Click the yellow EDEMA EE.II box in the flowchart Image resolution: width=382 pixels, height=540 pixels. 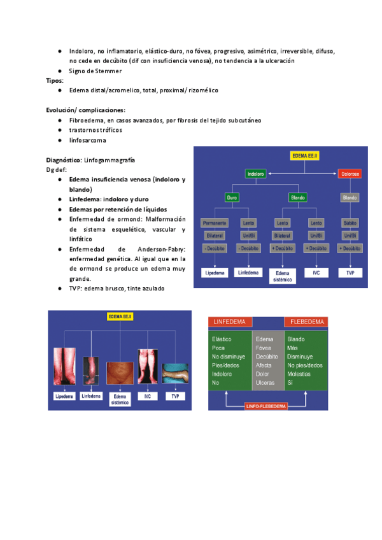click(304, 155)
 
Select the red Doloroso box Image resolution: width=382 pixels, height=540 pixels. click(350, 173)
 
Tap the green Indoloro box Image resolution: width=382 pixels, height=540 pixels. click(257, 173)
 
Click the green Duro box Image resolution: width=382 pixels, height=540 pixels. click(232, 197)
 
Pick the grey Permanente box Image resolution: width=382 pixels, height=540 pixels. click(214, 223)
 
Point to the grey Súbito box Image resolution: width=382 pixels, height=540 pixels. click(350, 223)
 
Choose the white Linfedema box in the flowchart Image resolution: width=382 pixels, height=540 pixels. click(249, 273)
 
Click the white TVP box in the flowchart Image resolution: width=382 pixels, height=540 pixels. click(350, 273)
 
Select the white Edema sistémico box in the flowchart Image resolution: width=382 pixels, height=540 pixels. click(283, 275)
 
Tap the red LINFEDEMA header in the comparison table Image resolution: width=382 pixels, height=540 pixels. click(230, 322)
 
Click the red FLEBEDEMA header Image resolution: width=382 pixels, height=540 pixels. click(306, 322)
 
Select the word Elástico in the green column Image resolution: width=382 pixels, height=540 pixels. click(222, 339)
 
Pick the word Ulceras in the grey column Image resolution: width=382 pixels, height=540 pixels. click(264, 383)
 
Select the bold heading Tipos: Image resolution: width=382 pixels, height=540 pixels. click(54, 81)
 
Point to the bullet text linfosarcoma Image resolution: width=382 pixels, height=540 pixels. click(88, 140)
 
